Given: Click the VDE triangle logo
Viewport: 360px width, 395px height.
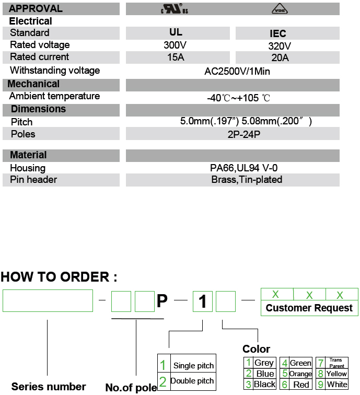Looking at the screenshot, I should [x=279, y=9].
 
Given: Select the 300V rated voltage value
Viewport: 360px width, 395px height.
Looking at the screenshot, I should [x=175, y=45].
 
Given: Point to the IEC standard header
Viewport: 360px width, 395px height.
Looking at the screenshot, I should [x=278, y=34].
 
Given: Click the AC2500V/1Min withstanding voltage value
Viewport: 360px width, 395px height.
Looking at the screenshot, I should [x=237, y=71].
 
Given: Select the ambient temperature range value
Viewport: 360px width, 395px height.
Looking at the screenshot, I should [x=238, y=98].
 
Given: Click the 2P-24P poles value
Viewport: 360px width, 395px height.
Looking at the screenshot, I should [x=238, y=134].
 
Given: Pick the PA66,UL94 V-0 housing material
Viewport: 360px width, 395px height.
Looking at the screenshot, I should [x=238, y=168].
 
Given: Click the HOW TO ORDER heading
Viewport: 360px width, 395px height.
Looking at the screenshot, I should [x=59, y=277].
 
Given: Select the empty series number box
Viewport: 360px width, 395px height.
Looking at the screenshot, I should [x=48, y=300].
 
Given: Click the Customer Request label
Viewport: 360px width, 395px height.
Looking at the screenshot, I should [x=309, y=308].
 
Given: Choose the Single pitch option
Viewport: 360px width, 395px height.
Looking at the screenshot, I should [x=193, y=365].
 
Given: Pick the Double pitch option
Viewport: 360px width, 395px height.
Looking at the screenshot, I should [x=192, y=381].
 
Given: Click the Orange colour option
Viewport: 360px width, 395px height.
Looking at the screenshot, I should [x=300, y=374].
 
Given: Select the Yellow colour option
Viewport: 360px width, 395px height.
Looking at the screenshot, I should [x=336, y=374].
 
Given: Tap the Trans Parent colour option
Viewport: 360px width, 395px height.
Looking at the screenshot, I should [x=336, y=363].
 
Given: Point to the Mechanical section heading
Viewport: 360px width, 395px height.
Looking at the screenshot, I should [x=33, y=84].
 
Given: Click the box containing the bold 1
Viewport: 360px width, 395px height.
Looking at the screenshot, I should [x=203, y=301].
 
